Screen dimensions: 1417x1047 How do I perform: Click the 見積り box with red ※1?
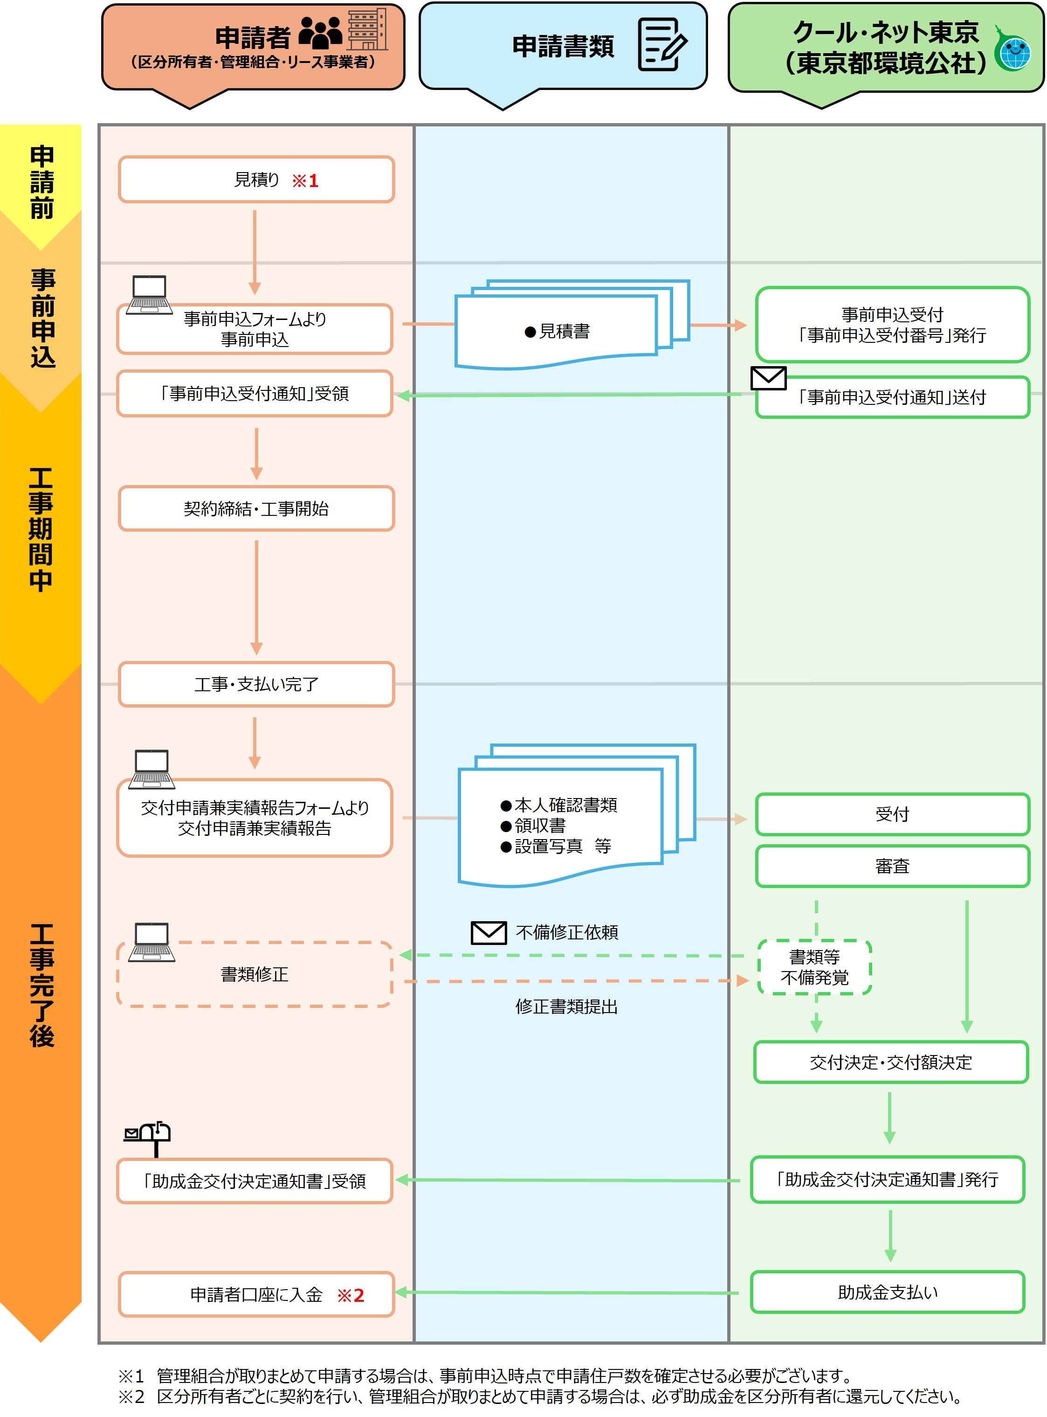tap(256, 180)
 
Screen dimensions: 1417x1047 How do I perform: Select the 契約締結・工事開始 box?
tap(256, 508)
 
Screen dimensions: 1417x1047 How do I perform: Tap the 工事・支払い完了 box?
tap(256, 684)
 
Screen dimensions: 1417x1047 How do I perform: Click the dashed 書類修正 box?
tap(254, 974)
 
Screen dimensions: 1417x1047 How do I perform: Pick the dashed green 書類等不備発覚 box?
tap(814, 967)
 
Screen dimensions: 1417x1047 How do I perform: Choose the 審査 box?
tap(892, 866)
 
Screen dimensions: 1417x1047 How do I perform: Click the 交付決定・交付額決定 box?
tap(890, 1063)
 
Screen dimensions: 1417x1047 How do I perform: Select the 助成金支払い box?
tap(887, 1292)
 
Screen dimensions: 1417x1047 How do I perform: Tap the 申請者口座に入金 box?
tap(256, 1295)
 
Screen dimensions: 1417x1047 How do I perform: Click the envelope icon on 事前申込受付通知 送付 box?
tap(768, 378)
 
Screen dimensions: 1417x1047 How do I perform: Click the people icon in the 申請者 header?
tap(320, 34)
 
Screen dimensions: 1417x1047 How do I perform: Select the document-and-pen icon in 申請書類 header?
tap(661, 44)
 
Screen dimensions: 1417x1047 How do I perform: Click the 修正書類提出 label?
tap(566, 1007)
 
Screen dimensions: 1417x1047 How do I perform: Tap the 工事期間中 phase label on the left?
tap(41, 530)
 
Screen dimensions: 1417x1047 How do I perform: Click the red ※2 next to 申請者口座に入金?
tap(351, 1295)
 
